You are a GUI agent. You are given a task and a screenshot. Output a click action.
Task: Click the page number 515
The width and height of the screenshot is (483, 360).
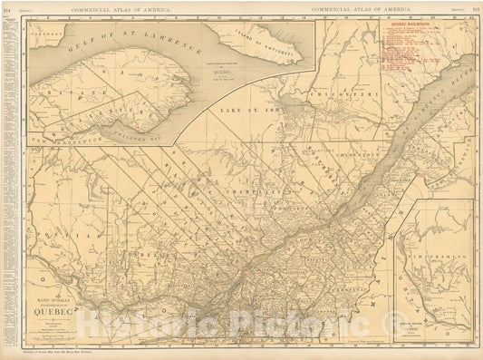click(x=476, y=8)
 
